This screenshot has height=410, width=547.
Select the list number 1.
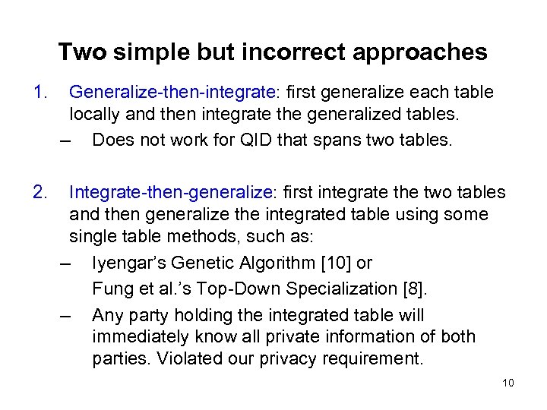[x=40, y=93]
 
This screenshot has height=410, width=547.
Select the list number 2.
[x=40, y=192]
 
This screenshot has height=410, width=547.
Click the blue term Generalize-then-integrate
[x=172, y=93]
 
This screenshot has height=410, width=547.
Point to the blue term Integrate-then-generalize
[x=172, y=192]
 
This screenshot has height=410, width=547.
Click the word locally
[x=96, y=115]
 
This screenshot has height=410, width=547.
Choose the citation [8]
[x=411, y=289]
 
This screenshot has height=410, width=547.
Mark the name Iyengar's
[x=128, y=263]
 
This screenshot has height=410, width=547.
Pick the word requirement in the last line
[x=373, y=358]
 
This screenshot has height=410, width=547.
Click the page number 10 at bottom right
[x=508, y=383]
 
